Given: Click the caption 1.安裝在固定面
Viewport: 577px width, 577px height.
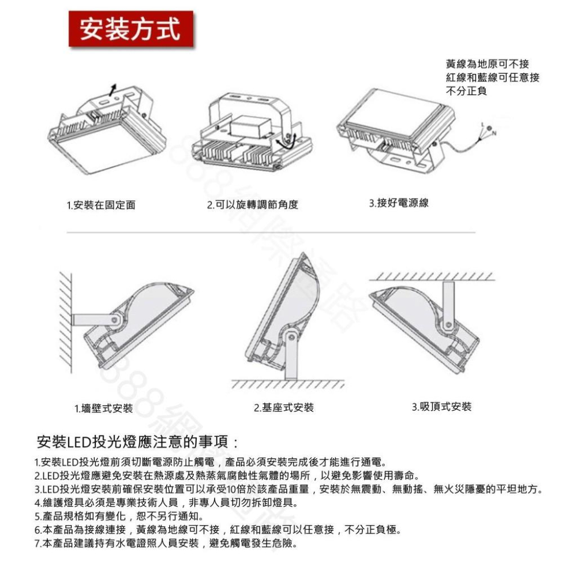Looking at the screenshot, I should click(x=102, y=205).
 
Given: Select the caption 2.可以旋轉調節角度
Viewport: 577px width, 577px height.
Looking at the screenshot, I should click(x=253, y=205).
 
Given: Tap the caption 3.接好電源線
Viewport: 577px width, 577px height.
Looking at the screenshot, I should click(x=399, y=203).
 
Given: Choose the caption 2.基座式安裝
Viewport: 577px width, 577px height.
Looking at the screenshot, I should click(x=284, y=408).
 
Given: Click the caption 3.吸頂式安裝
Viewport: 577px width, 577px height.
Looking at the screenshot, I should click(x=441, y=407).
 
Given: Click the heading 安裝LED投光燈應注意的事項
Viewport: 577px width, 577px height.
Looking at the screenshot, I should click(x=137, y=443).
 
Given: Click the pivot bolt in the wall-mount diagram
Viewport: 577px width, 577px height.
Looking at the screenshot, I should click(x=116, y=319).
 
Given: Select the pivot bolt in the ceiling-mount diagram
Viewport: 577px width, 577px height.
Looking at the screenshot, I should click(x=446, y=327).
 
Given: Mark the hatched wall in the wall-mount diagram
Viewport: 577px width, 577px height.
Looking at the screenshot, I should click(x=65, y=323).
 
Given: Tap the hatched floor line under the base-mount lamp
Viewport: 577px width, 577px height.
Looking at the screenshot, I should click(x=287, y=384).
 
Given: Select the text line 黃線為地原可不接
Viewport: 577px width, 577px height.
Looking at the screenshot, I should click(x=487, y=64).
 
